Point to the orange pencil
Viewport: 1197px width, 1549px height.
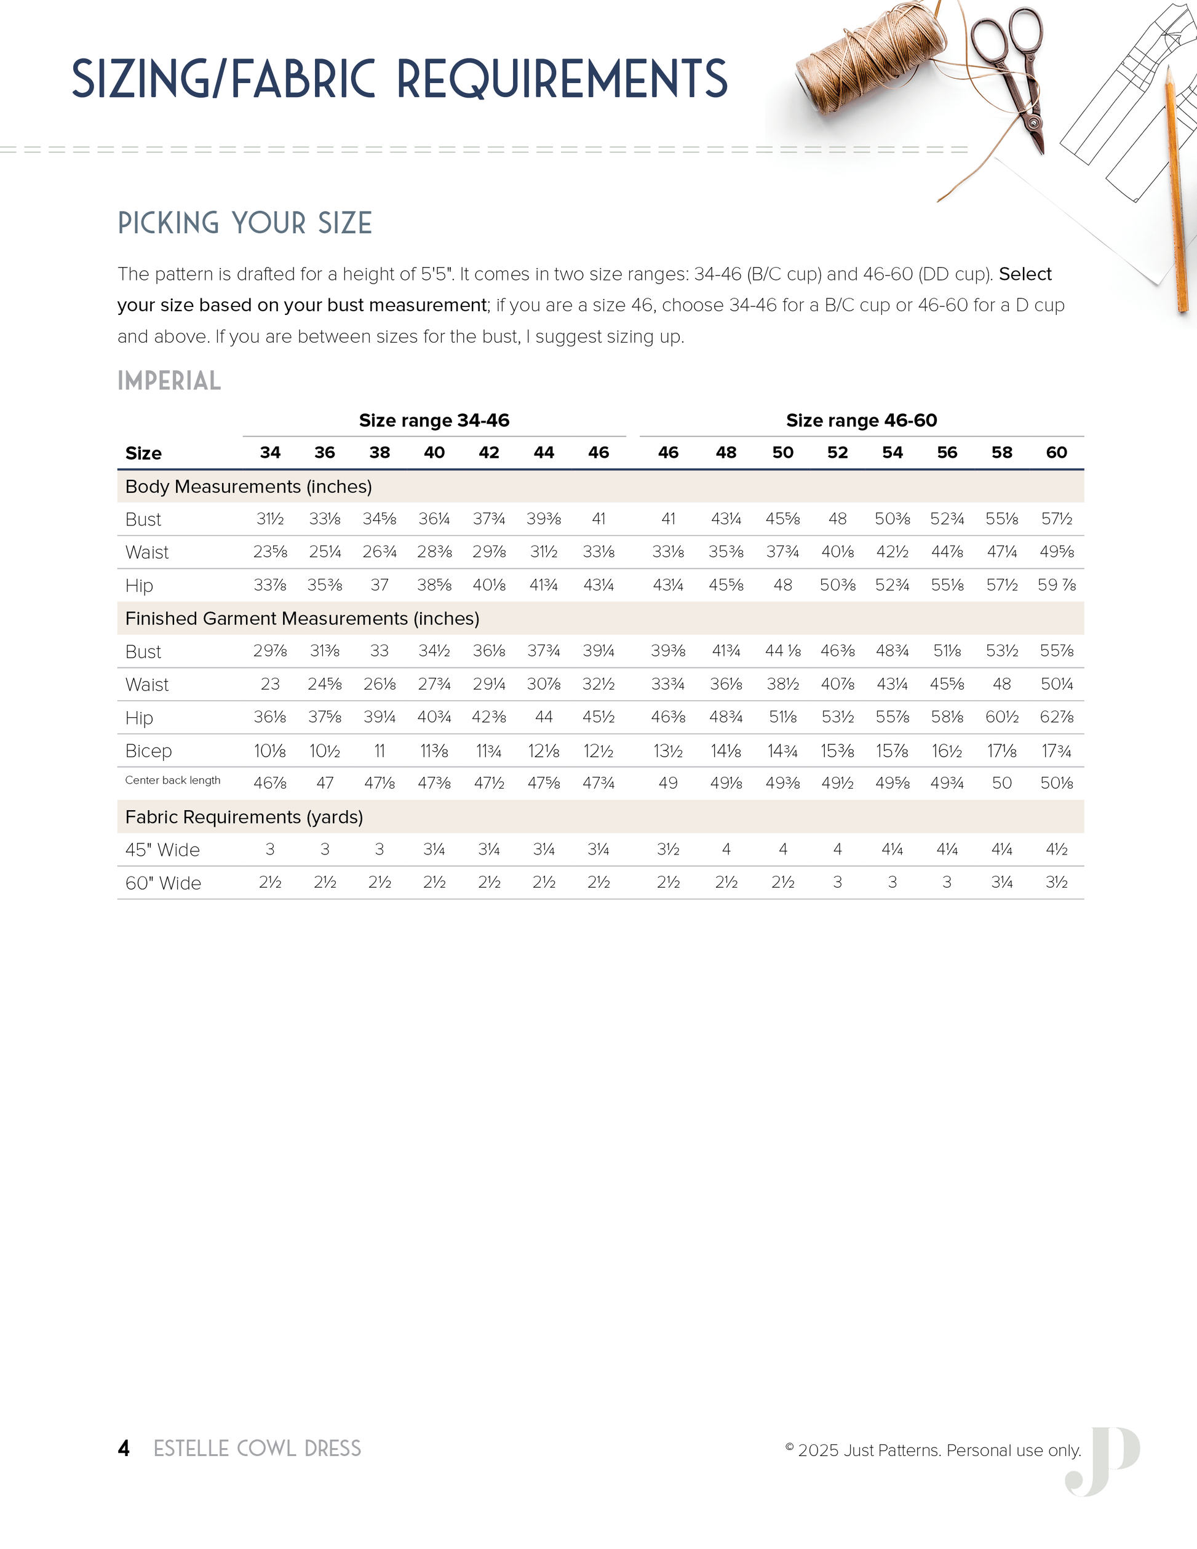[1175, 191]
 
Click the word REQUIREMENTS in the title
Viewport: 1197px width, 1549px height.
[562, 79]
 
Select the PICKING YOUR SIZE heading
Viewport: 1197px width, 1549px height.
[245, 223]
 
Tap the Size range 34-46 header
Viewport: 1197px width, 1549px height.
[434, 421]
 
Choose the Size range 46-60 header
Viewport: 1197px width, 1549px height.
[861, 421]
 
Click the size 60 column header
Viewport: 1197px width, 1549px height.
[1056, 453]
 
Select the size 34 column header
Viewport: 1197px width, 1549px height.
[270, 453]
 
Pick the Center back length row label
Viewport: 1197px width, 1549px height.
[172, 780]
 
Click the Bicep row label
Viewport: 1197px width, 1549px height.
[148, 751]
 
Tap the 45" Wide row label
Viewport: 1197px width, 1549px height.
[162, 850]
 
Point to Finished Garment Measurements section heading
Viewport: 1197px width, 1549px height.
[302, 618]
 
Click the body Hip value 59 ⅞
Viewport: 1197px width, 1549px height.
[1056, 585]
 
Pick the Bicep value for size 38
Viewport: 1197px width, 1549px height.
[380, 751]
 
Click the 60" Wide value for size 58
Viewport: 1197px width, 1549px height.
[1001, 882]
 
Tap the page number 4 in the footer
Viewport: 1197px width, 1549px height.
[124, 1448]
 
